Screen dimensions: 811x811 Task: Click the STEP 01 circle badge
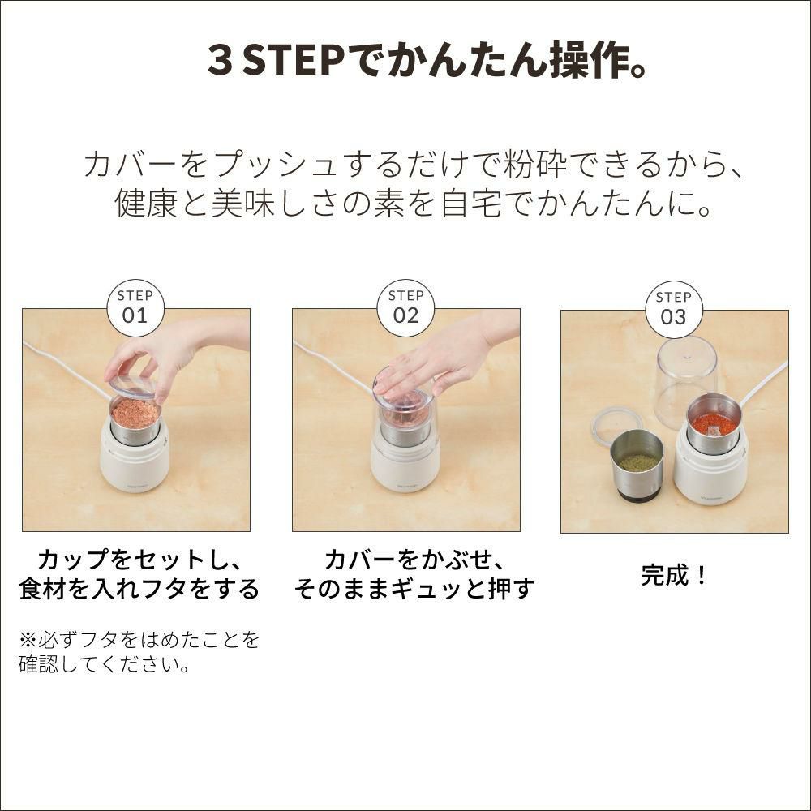135,308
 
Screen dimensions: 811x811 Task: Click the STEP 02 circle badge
405,308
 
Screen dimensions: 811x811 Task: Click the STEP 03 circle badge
674,310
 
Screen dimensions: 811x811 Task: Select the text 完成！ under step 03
674,575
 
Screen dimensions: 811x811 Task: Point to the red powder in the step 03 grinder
714,425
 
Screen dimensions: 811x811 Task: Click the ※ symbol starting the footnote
28,641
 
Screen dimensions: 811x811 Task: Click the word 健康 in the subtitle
146,202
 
